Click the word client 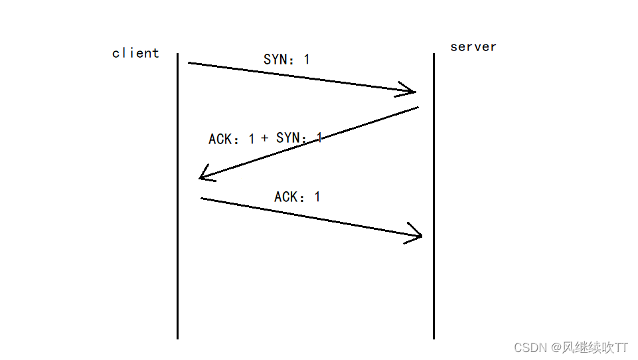tap(135, 53)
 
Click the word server tap(473, 46)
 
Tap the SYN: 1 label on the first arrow tap(286, 59)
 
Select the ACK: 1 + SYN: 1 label tap(265, 138)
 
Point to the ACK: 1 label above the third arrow tap(297, 197)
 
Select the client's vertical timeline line tap(178, 266)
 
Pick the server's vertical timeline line tap(434, 279)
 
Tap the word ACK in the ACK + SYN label tap(220, 139)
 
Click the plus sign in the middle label tap(264, 138)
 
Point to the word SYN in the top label tap(275, 59)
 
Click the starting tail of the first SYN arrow tap(190, 63)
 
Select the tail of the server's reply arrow tap(416, 108)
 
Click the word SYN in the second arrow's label tap(289, 138)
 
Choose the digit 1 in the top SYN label tap(306, 59)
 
